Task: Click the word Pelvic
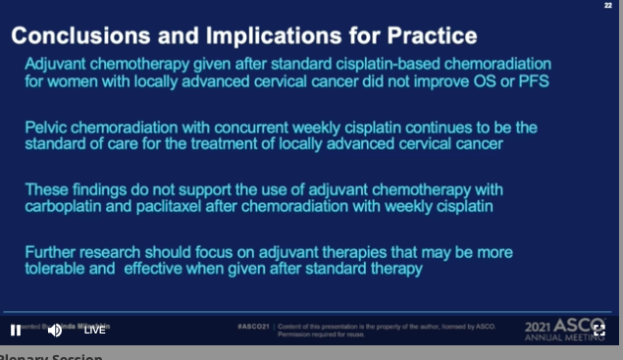click(48, 127)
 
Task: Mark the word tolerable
click(57, 269)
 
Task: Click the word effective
click(157, 269)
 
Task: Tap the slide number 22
click(609, 6)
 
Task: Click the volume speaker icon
click(55, 330)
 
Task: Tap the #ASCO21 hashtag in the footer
click(254, 326)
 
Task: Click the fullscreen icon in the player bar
click(599, 330)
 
